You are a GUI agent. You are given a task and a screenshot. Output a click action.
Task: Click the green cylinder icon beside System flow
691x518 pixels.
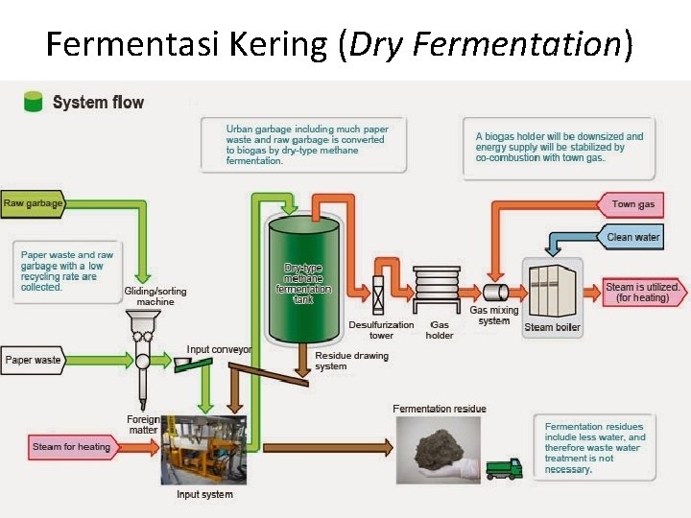[34, 101]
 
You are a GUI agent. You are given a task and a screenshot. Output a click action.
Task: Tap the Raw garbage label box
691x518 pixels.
[34, 203]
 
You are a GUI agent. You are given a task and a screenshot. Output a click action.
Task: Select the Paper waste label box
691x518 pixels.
[34, 360]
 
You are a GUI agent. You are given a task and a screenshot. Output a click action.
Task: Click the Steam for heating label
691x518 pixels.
[72, 447]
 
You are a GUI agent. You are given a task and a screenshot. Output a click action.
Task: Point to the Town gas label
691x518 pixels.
[633, 204]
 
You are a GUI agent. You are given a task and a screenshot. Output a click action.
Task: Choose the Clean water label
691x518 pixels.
[633, 236]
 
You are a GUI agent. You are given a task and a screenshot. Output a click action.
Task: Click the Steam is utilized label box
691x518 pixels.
[644, 293]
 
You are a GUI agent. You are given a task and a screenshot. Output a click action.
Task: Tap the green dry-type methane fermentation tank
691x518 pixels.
[304, 279]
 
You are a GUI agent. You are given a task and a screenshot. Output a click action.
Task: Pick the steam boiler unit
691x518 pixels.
[552, 289]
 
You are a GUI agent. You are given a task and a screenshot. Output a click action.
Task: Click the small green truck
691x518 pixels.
[503, 468]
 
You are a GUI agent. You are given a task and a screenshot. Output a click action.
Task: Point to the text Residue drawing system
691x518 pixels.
[351, 361]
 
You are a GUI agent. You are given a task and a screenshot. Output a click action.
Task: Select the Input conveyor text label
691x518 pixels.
[219, 350]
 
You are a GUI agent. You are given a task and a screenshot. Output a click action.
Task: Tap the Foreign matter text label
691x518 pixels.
[143, 425]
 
